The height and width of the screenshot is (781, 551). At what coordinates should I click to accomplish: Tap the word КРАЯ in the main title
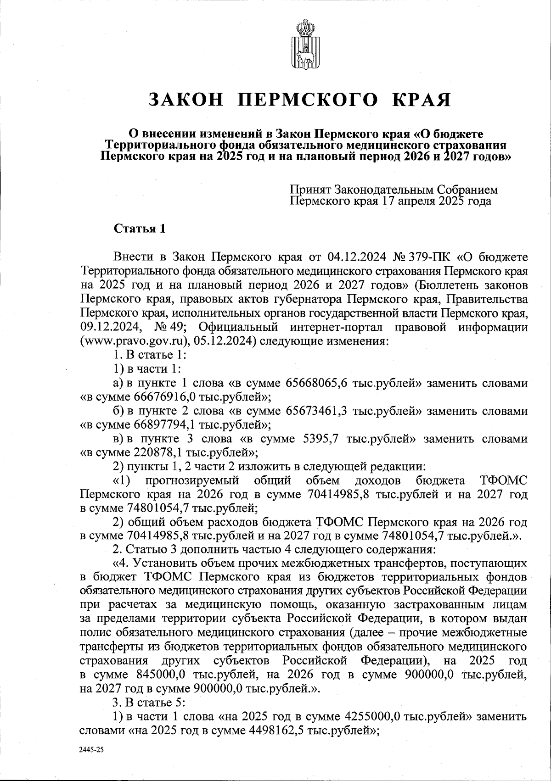417,100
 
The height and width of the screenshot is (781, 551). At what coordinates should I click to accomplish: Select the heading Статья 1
139,229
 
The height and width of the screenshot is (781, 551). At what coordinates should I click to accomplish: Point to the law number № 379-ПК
422,255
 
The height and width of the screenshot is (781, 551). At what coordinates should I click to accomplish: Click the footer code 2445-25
91,749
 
